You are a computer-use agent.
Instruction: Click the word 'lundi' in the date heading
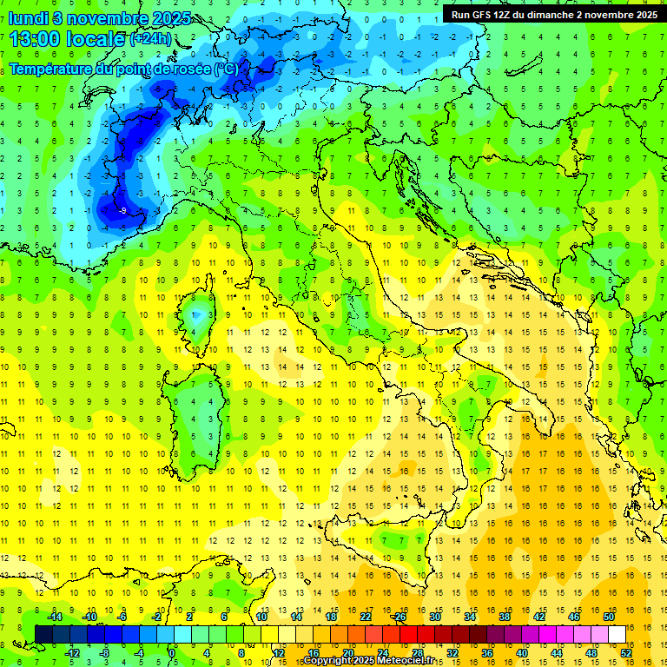pyautogui.click(x=29, y=18)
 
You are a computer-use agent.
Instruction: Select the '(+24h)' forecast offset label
pyautogui.click(x=151, y=40)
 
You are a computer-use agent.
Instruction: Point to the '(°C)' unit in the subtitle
pyautogui.click(x=225, y=69)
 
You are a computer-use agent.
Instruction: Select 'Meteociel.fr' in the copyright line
pyautogui.click(x=401, y=661)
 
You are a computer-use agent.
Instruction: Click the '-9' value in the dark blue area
pyautogui.click(x=123, y=210)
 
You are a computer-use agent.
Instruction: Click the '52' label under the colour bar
pyautogui.click(x=626, y=652)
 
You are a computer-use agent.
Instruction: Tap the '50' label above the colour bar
pyautogui.click(x=609, y=617)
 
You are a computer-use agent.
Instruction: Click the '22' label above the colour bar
pyautogui.click(x=366, y=617)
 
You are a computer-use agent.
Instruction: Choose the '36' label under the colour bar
pyautogui.click(x=487, y=652)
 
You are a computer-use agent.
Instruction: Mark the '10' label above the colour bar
pyautogui.click(x=261, y=617)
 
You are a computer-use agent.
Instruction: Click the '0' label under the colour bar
pyautogui.click(x=172, y=652)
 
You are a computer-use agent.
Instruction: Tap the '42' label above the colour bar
pyautogui.click(x=539, y=617)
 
